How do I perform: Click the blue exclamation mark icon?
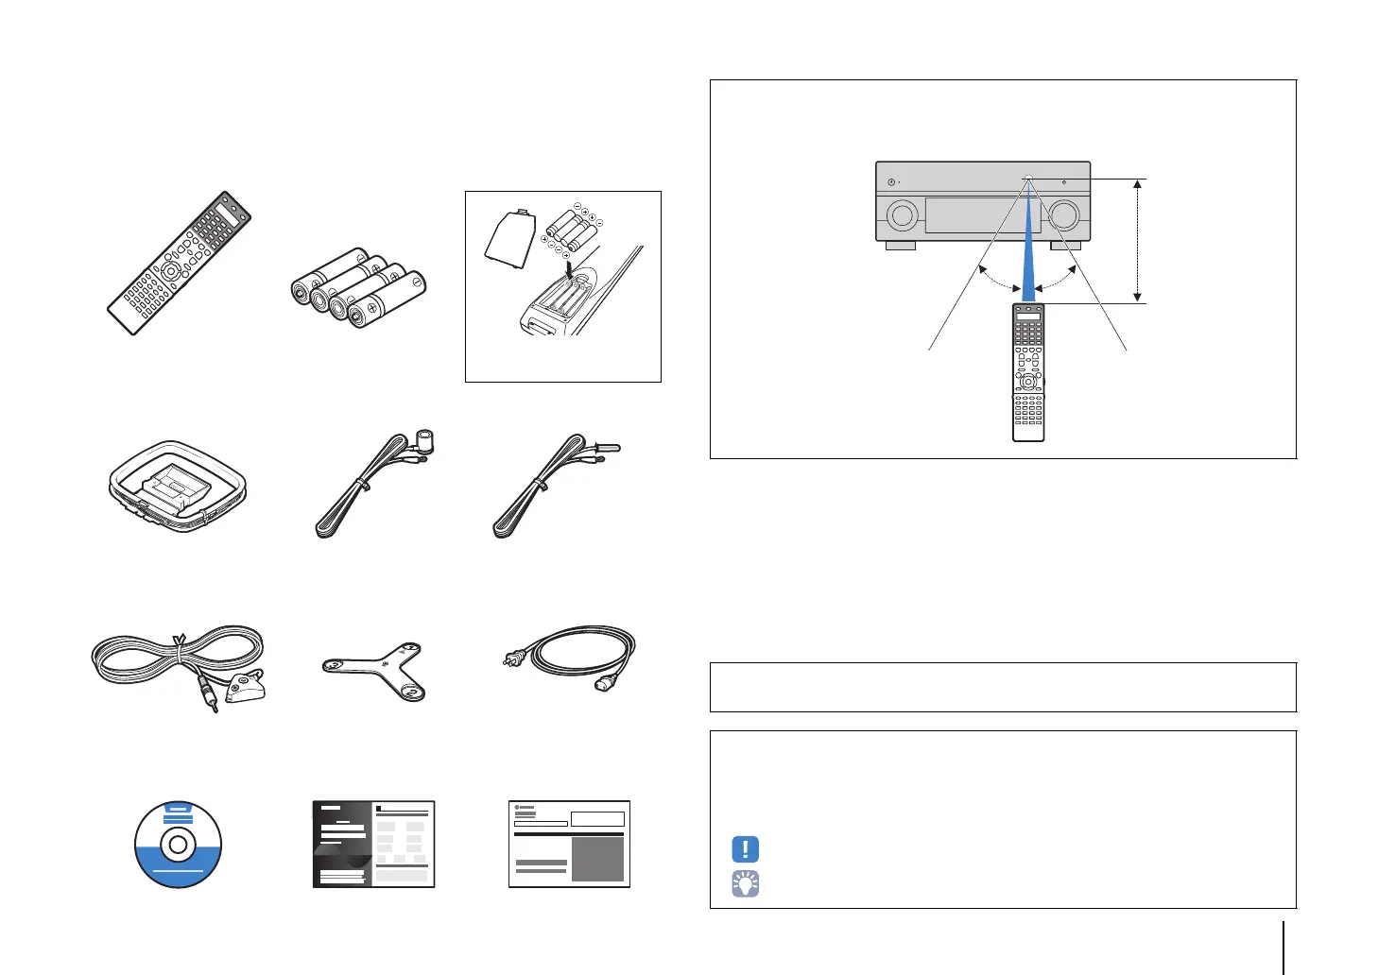pos(745,848)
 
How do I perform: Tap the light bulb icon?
pos(745,883)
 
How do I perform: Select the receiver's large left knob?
pos(902,215)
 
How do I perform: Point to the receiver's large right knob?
pos(1063,215)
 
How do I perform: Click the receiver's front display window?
pos(982,215)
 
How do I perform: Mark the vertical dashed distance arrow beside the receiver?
pos(1138,240)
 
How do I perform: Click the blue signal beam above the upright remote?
pos(1027,255)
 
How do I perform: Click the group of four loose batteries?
pos(358,287)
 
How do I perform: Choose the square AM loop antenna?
pos(177,485)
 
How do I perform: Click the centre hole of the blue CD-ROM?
pos(178,845)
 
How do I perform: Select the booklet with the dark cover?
pos(373,844)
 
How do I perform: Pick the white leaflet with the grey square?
pos(569,844)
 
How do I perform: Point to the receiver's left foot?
pos(900,245)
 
